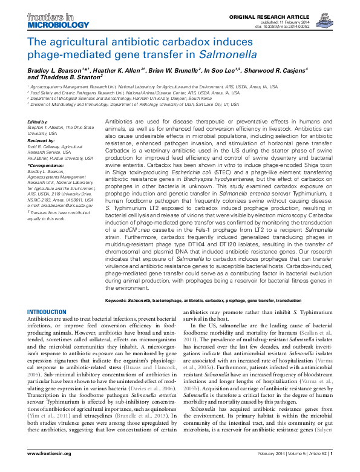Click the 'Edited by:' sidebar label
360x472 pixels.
point(38,122)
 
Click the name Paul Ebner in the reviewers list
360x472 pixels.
point(42,155)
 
